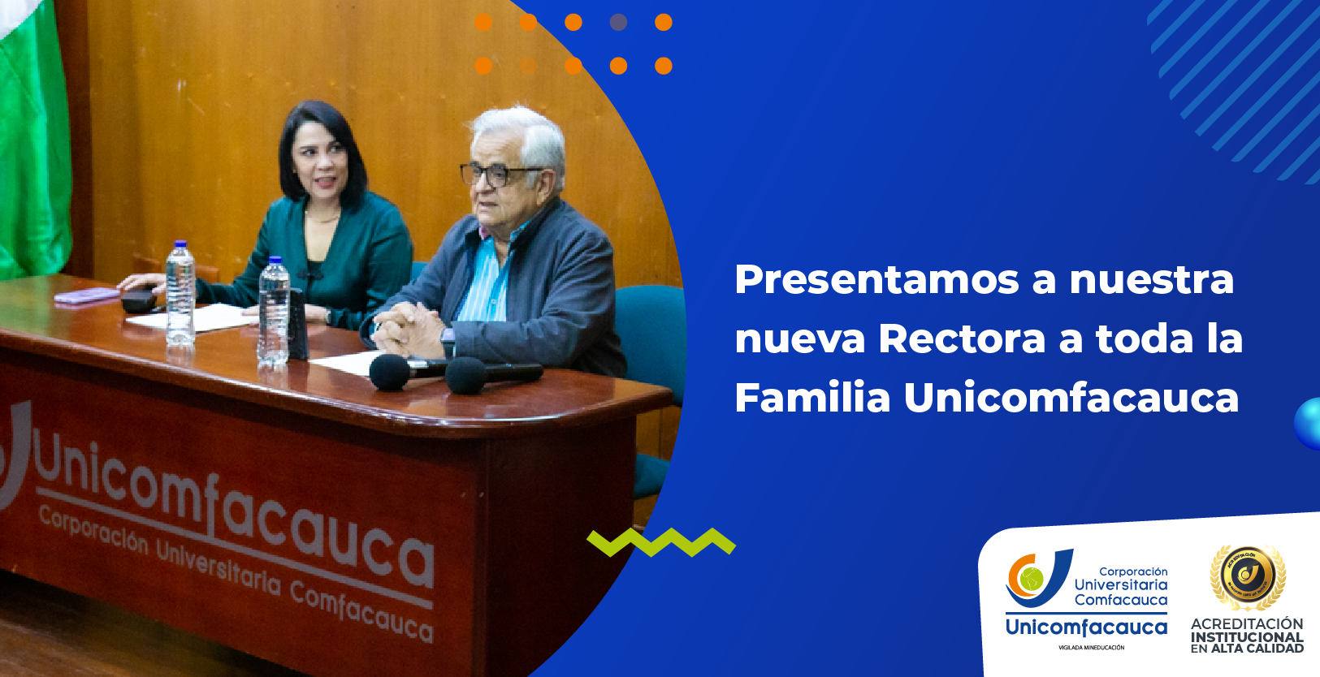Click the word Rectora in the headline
point(962,338)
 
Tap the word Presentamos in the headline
point(876,281)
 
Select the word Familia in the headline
point(812,398)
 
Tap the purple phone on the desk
point(87,295)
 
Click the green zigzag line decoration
point(660,542)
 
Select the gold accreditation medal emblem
point(1247,576)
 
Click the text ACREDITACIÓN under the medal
point(1247,623)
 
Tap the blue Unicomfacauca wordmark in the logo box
point(1086,627)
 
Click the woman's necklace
point(322,218)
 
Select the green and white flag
point(32,138)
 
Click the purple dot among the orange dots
point(618,23)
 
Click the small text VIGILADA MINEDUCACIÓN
point(1091,648)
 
